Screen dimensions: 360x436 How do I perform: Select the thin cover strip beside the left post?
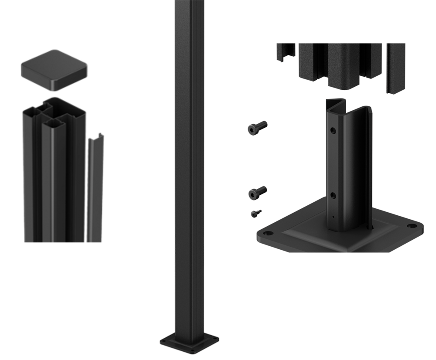95,187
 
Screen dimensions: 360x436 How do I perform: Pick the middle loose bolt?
257,192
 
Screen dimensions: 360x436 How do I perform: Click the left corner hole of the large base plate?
267,234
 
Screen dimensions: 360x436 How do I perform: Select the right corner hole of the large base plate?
411,227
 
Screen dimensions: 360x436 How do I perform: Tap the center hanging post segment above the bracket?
344,65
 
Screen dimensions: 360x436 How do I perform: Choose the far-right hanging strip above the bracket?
395,68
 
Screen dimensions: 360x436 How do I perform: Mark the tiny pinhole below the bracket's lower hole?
334,217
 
